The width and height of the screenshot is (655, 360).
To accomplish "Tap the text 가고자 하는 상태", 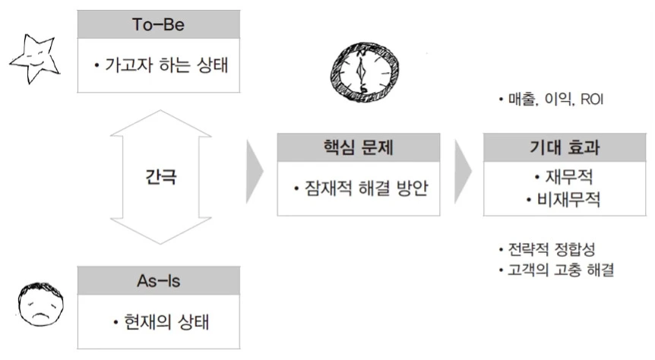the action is point(166,66).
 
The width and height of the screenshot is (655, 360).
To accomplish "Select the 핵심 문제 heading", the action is point(358,147).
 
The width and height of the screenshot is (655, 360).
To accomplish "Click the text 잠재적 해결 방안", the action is point(362,188).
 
